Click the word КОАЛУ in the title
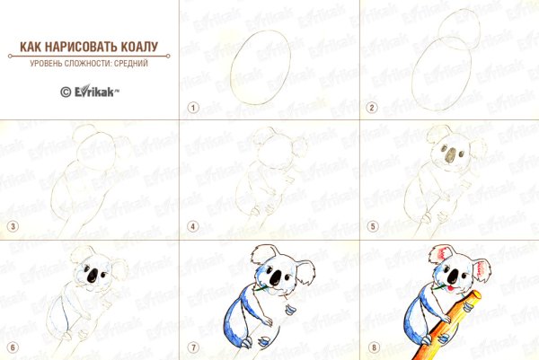139,47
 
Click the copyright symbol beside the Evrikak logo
66,92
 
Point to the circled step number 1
193,108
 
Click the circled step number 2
372,108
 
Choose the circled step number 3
13,226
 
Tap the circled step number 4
193,226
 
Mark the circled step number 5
373,226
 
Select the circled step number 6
13,347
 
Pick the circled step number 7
193,347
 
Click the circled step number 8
374,347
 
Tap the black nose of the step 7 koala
276,277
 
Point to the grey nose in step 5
450,155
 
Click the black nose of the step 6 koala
93,275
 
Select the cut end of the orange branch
476,295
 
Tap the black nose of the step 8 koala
454,276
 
